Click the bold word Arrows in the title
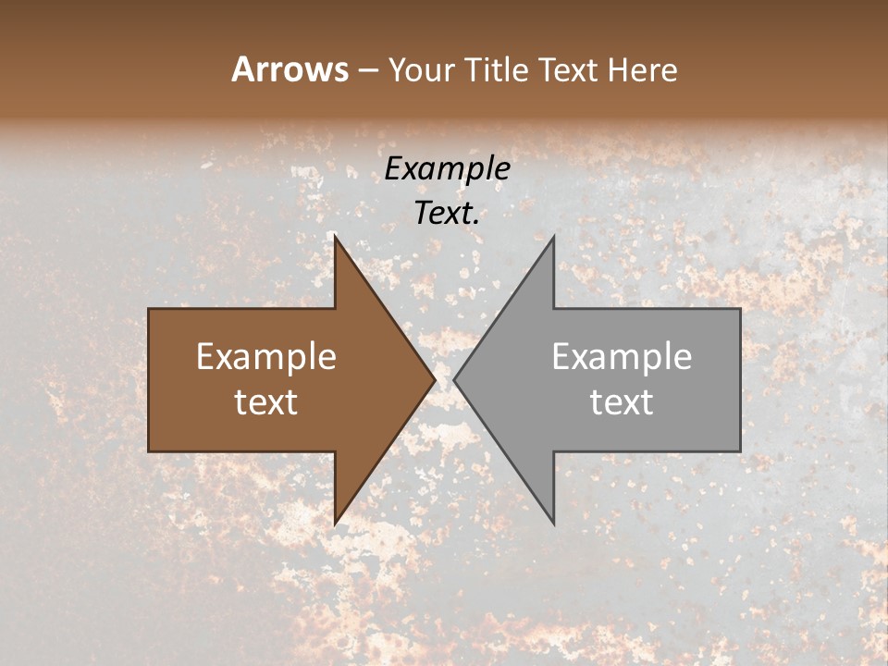(x=290, y=69)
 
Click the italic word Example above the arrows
(x=447, y=168)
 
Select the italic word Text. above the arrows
(x=447, y=213)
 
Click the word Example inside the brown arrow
(x=266, y=356)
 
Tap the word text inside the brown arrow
(x=266, y=401)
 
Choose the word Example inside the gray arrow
(x=622, y=356)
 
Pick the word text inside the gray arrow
(x=622, y=401)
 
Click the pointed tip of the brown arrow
(x=434, y=379)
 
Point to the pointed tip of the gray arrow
(x=455, y=379)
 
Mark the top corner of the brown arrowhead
(x=335, y=237)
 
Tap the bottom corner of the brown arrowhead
(x=335, y=523)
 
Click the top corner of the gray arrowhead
(x=553, y=237)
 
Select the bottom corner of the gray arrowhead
(x=553, y=523)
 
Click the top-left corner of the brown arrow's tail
(x=150, y=309)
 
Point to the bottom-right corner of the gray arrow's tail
(x=739, y=450)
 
